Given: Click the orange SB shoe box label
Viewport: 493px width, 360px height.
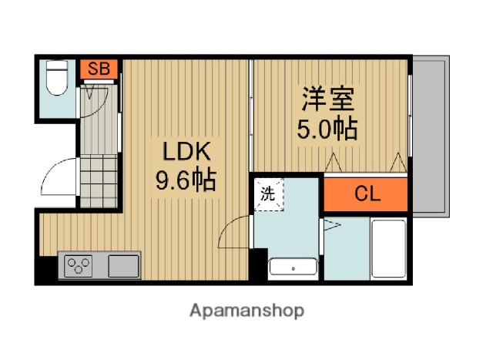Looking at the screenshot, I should [x=98, y=69].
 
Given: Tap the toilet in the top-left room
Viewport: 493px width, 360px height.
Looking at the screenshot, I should [x=56, y=79].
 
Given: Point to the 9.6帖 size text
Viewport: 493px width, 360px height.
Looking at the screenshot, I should [x=185, y=180].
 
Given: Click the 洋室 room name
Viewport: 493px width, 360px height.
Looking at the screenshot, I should [x=328, y=100].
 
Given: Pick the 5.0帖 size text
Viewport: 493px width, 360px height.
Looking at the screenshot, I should [x=327, y=128].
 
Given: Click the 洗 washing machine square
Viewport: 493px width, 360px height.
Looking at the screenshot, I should [x=269, y=194].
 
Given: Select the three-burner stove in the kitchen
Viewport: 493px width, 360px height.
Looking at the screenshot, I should [x=79, y=267].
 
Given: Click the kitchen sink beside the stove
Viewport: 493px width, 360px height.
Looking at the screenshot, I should [x=123, y=267].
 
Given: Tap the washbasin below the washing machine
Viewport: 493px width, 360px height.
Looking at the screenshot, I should [x=293, y=268].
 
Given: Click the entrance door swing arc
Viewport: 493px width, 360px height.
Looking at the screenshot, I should [x=59, y=180].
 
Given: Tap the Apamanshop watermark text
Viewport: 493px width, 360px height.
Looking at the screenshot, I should [x=246, y=311].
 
